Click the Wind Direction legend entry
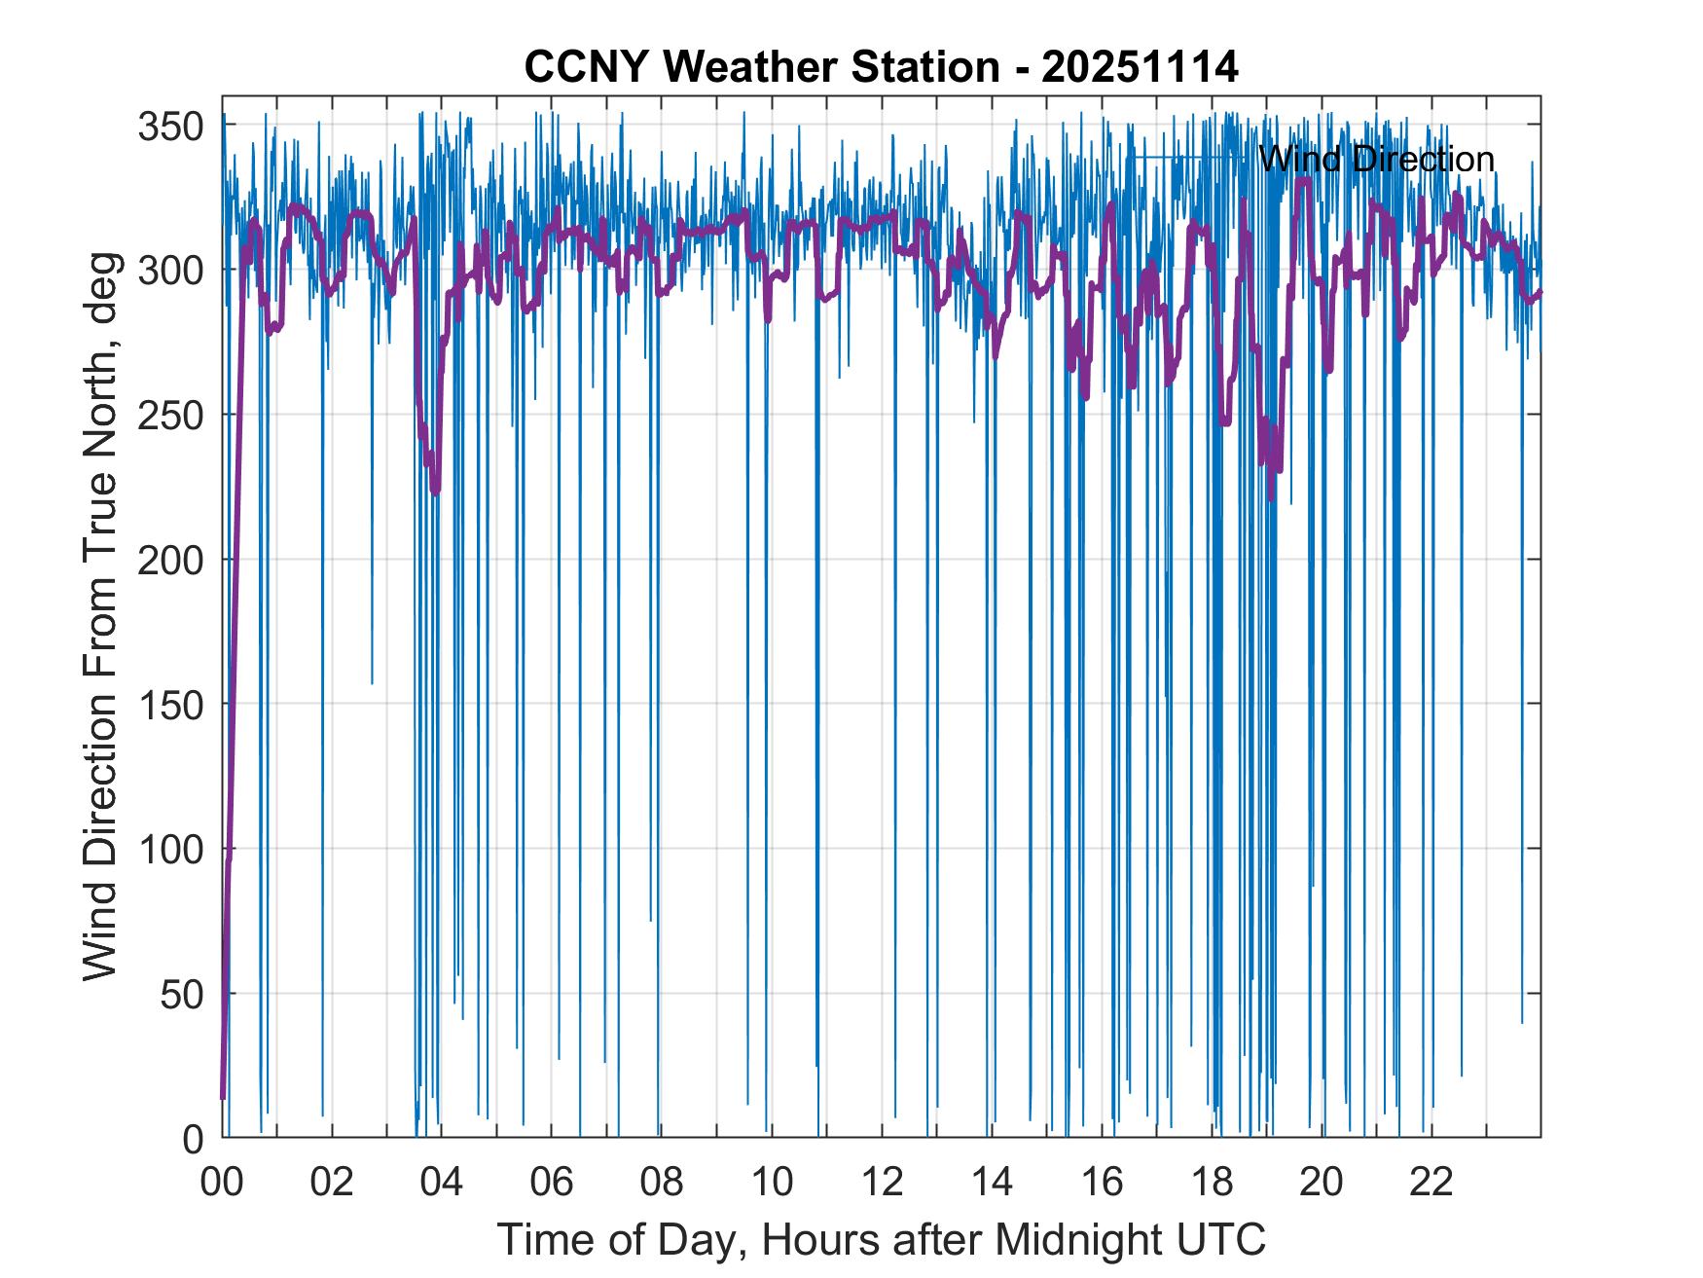(x=1375, y=159)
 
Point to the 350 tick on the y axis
(x=170, y=126)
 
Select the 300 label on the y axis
(x=170, y=270)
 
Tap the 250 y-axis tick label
(x=170, y=415)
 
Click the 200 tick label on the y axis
(x=170, y=560)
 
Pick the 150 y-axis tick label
(x=170, y=704)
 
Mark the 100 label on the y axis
(x=170, y=849)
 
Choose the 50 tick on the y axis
(x=182, y=994)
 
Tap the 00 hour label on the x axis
(x=222, y=1182)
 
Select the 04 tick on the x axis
(x=442, y=1182)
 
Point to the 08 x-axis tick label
(x=662, y=1182)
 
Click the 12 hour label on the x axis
(x=882, y=1182)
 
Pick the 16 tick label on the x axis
(x=1102, y=1182)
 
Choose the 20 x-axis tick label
(x=1322, y=1182)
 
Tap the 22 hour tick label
(x=1431, y=1182)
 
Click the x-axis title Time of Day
(x=882, y=1240)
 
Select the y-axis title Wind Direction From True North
(x=100, y=616)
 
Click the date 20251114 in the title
(x=1140, y=67)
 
